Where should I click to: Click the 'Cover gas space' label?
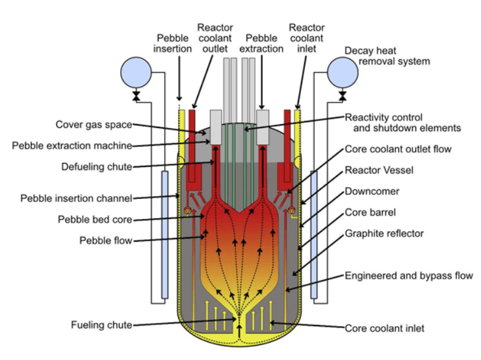coord(94,125)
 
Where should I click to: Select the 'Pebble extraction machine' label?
coord(72,146)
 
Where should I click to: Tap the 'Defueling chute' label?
coord(97,167)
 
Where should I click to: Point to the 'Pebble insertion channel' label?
coord(77,198)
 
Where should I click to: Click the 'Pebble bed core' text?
coord(95,220)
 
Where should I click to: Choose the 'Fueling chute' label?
coord(101,325)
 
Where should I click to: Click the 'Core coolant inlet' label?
coord(385,328)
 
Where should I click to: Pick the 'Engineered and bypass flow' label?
coord(409,276)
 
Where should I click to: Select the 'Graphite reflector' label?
coord(384,234)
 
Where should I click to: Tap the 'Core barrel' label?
coord(370,212)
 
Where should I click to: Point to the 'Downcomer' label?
coord(372,191)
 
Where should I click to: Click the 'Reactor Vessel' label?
coord(379,170)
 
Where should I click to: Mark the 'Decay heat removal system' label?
coord(387,56)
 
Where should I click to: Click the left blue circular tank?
coord(136,72)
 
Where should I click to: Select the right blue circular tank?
coord(343,72)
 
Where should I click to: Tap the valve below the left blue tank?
coord(136,96)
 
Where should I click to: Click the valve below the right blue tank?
coord(343,96)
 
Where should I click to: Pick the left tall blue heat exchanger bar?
coord(164,235)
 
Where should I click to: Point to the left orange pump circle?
coord(188,211)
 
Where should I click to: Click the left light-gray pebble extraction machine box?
coord(216,127)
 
